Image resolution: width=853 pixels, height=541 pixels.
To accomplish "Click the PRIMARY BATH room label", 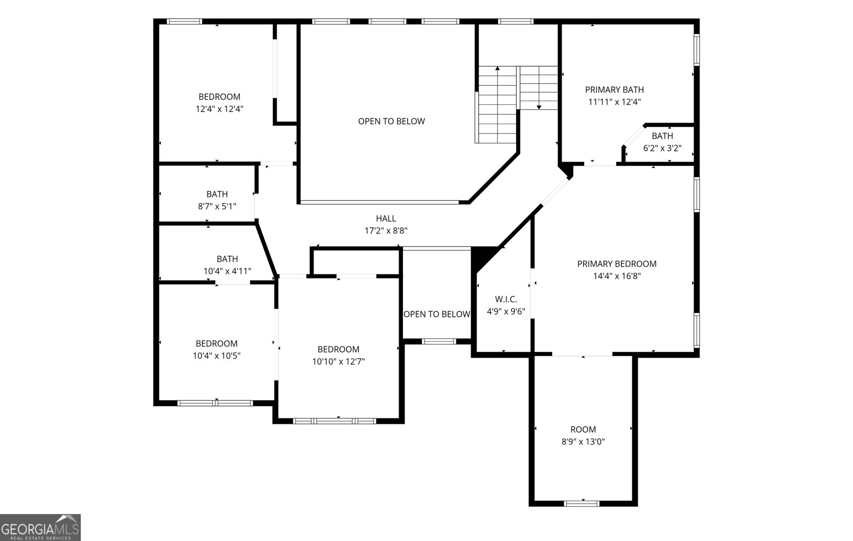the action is coord(614,90).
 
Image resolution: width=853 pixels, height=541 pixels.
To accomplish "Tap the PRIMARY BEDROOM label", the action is coord(616,264).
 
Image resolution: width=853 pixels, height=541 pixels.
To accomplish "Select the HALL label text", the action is coord(386,219).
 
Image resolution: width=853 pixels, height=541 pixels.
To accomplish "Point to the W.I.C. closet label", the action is coord(506,299).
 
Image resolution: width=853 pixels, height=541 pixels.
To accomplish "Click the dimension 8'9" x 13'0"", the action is coord(583,442).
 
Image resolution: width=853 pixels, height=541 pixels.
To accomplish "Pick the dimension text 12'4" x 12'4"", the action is coord(219,109).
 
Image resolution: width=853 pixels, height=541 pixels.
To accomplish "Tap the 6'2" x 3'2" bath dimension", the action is coord(662,148).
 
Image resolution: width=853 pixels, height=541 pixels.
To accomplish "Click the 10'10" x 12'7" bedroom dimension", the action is coord(339,361).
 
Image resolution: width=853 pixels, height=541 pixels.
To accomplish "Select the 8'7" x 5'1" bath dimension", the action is coord(217,206).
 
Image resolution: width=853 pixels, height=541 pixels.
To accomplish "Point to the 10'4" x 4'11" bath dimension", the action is coord(227,271).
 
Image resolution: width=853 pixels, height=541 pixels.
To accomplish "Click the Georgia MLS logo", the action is coord(40,527).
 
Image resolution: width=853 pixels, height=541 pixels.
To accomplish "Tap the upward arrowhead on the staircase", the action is coord(497,69).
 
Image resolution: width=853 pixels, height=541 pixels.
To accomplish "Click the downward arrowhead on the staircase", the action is coord(539,107).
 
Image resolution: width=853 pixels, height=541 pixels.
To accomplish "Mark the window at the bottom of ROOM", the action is coord(582,504).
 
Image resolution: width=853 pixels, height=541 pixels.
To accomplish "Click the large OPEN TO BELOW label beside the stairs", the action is coord(391,122).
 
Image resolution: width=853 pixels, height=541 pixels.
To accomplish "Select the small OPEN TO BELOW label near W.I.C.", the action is coord(437,314).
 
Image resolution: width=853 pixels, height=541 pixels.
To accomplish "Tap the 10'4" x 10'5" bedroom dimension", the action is coord(216,356).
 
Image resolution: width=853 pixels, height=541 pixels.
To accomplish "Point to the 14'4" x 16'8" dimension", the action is coord(617,276).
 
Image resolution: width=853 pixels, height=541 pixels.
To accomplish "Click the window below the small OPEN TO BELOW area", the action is coord(439,342).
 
